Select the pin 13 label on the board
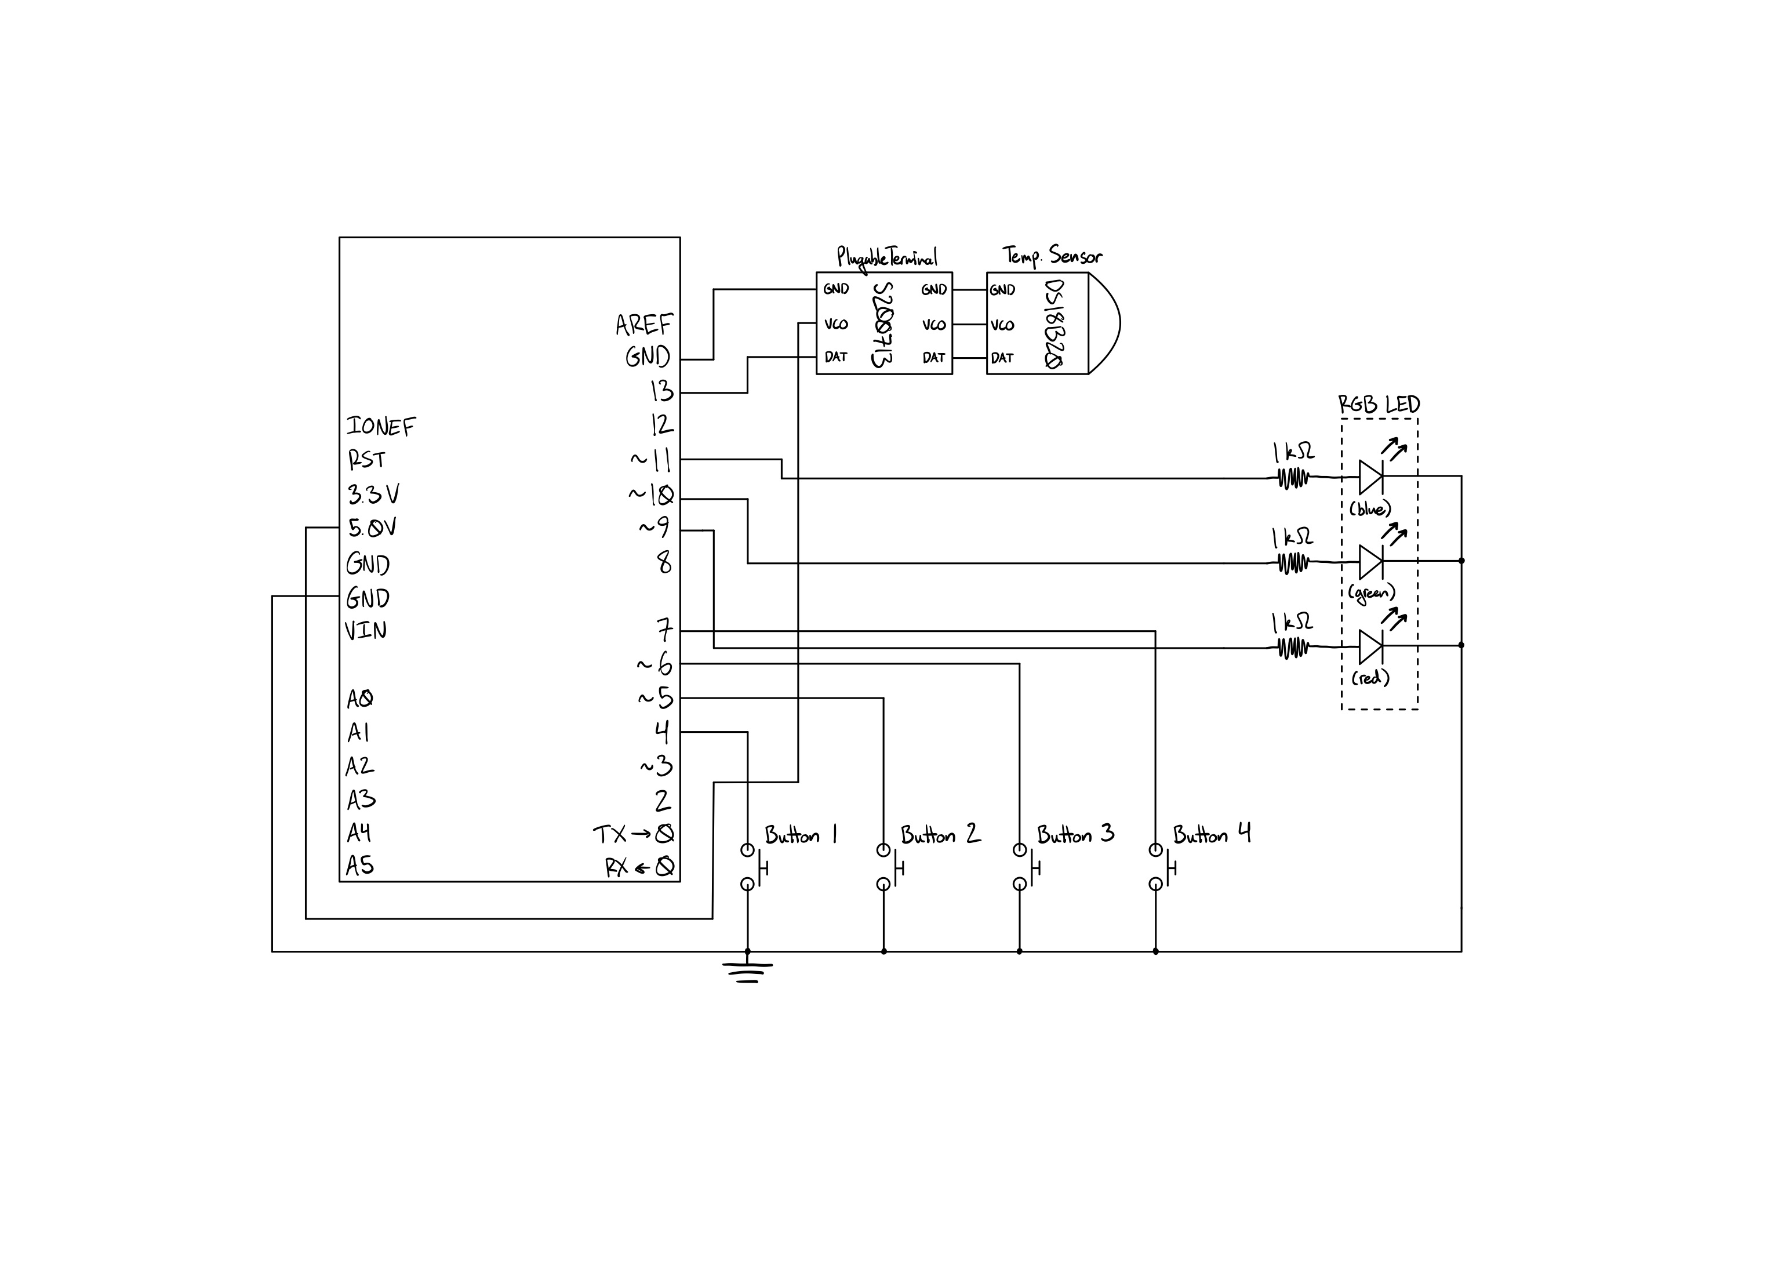tap(661, 391)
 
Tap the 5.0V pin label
tap(372, 529)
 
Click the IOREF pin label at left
tap(381, 426)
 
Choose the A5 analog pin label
tap(360, 865)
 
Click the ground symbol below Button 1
tap(747, 972)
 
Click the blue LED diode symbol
tap(1370, 477)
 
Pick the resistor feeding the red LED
tap(1293, 647)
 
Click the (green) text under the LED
tap(1372, 594)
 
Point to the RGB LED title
tap(1379, 405)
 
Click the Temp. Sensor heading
tap(1052, 256)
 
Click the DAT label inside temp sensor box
tap(1002, 358)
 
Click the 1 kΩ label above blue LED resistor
tap(1293, 452)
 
